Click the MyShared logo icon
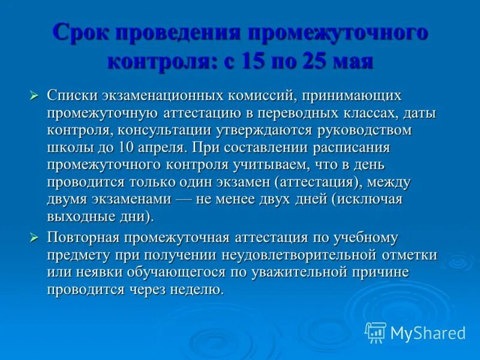coord(376,332)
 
